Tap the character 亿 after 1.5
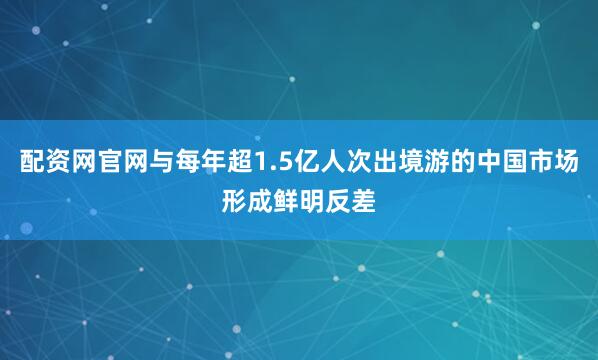pos(311,164)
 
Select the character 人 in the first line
pos(338,164)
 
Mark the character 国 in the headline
pos(533,164)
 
